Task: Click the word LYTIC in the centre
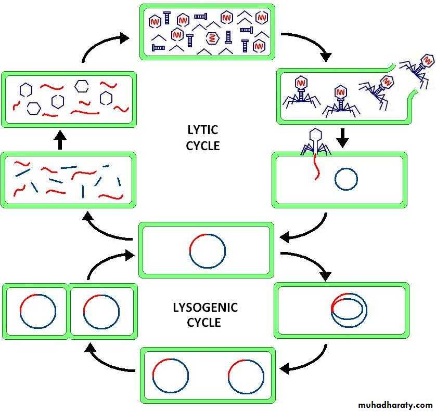202,130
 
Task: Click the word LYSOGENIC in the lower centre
205,308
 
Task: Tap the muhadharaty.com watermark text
395,405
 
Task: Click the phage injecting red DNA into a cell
315,143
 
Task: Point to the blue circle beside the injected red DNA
346,180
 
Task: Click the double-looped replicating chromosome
349,310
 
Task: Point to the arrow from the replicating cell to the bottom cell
307,361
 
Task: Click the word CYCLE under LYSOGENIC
205,323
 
